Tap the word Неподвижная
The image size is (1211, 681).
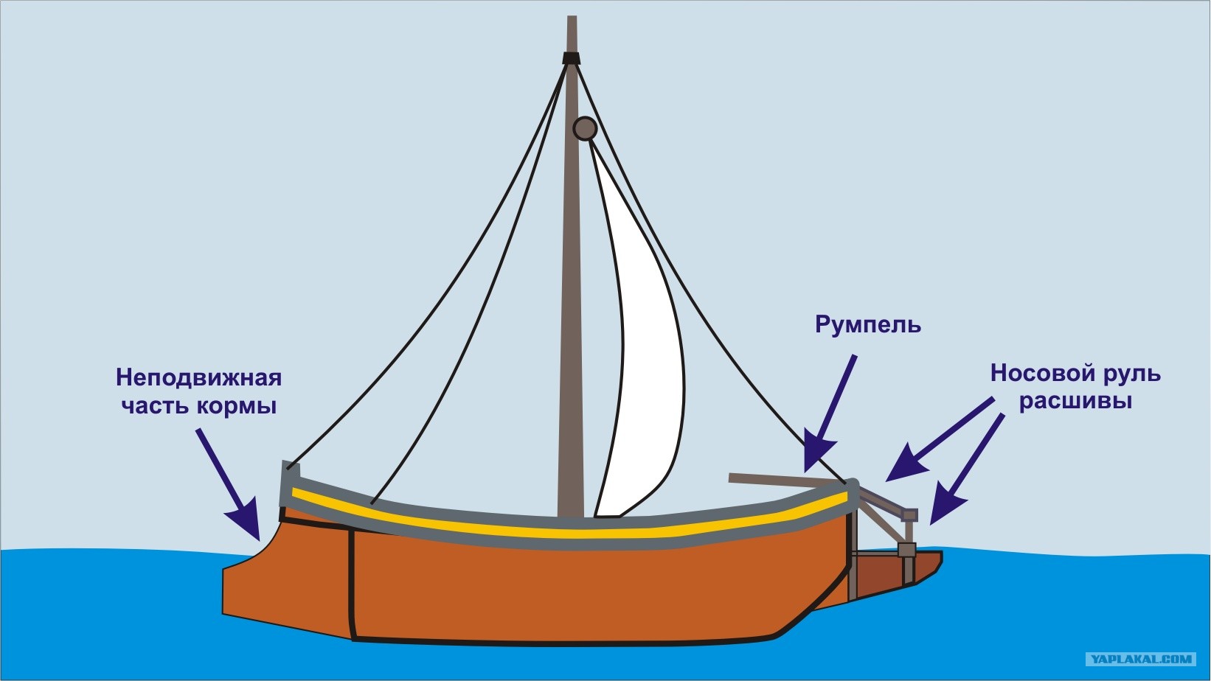[x=199, y=378]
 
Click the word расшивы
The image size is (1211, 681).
[x=1076, y=402]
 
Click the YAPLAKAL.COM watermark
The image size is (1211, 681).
[x=1140, y=659]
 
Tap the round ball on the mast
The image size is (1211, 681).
[x=585, y=128]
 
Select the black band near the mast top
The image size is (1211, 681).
[x=571, y=57]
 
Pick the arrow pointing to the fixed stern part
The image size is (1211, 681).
[x=229, y=484]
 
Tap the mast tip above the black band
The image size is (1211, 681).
[x=572, y=33]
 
